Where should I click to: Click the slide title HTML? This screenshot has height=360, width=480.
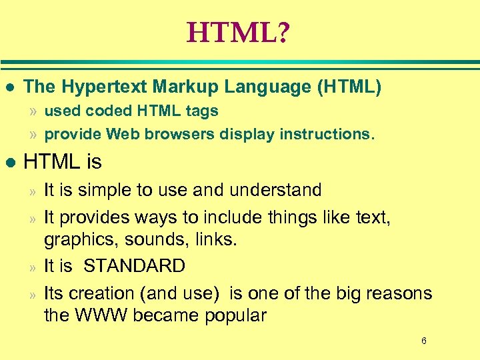click(x=238, y=32)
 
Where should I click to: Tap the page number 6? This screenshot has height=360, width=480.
click(x=423, y=341)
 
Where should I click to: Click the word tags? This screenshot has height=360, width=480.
click(x=203, y=111)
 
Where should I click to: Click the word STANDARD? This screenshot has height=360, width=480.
click(x=134, y=266)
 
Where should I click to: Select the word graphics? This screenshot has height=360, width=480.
click(x=73, y=239)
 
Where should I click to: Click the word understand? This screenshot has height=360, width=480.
click(x=275, y=190)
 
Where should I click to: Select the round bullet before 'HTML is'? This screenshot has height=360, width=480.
click(x=9, y=162)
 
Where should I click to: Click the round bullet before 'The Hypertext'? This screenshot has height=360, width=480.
click(x=9, y=87)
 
